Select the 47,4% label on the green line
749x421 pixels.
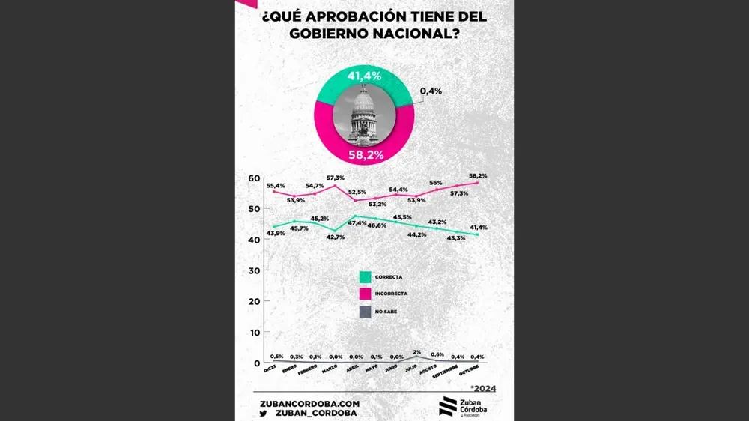click(x=357, y=223)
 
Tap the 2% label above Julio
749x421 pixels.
click(x=417, y=352)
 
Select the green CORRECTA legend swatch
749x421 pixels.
click(x=365, y=276)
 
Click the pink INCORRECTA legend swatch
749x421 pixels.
click(x=365, y=294)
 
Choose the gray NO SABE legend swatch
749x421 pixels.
click(x=365, y=311)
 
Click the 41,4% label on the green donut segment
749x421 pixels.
click(x=365, y=76)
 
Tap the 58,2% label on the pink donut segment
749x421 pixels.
click(x=366, y=155)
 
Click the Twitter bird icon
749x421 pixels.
click(x=264, y=413)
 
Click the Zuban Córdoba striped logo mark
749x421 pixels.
click(x=447, y=406)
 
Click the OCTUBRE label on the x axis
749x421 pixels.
click(x=469, y=372)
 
